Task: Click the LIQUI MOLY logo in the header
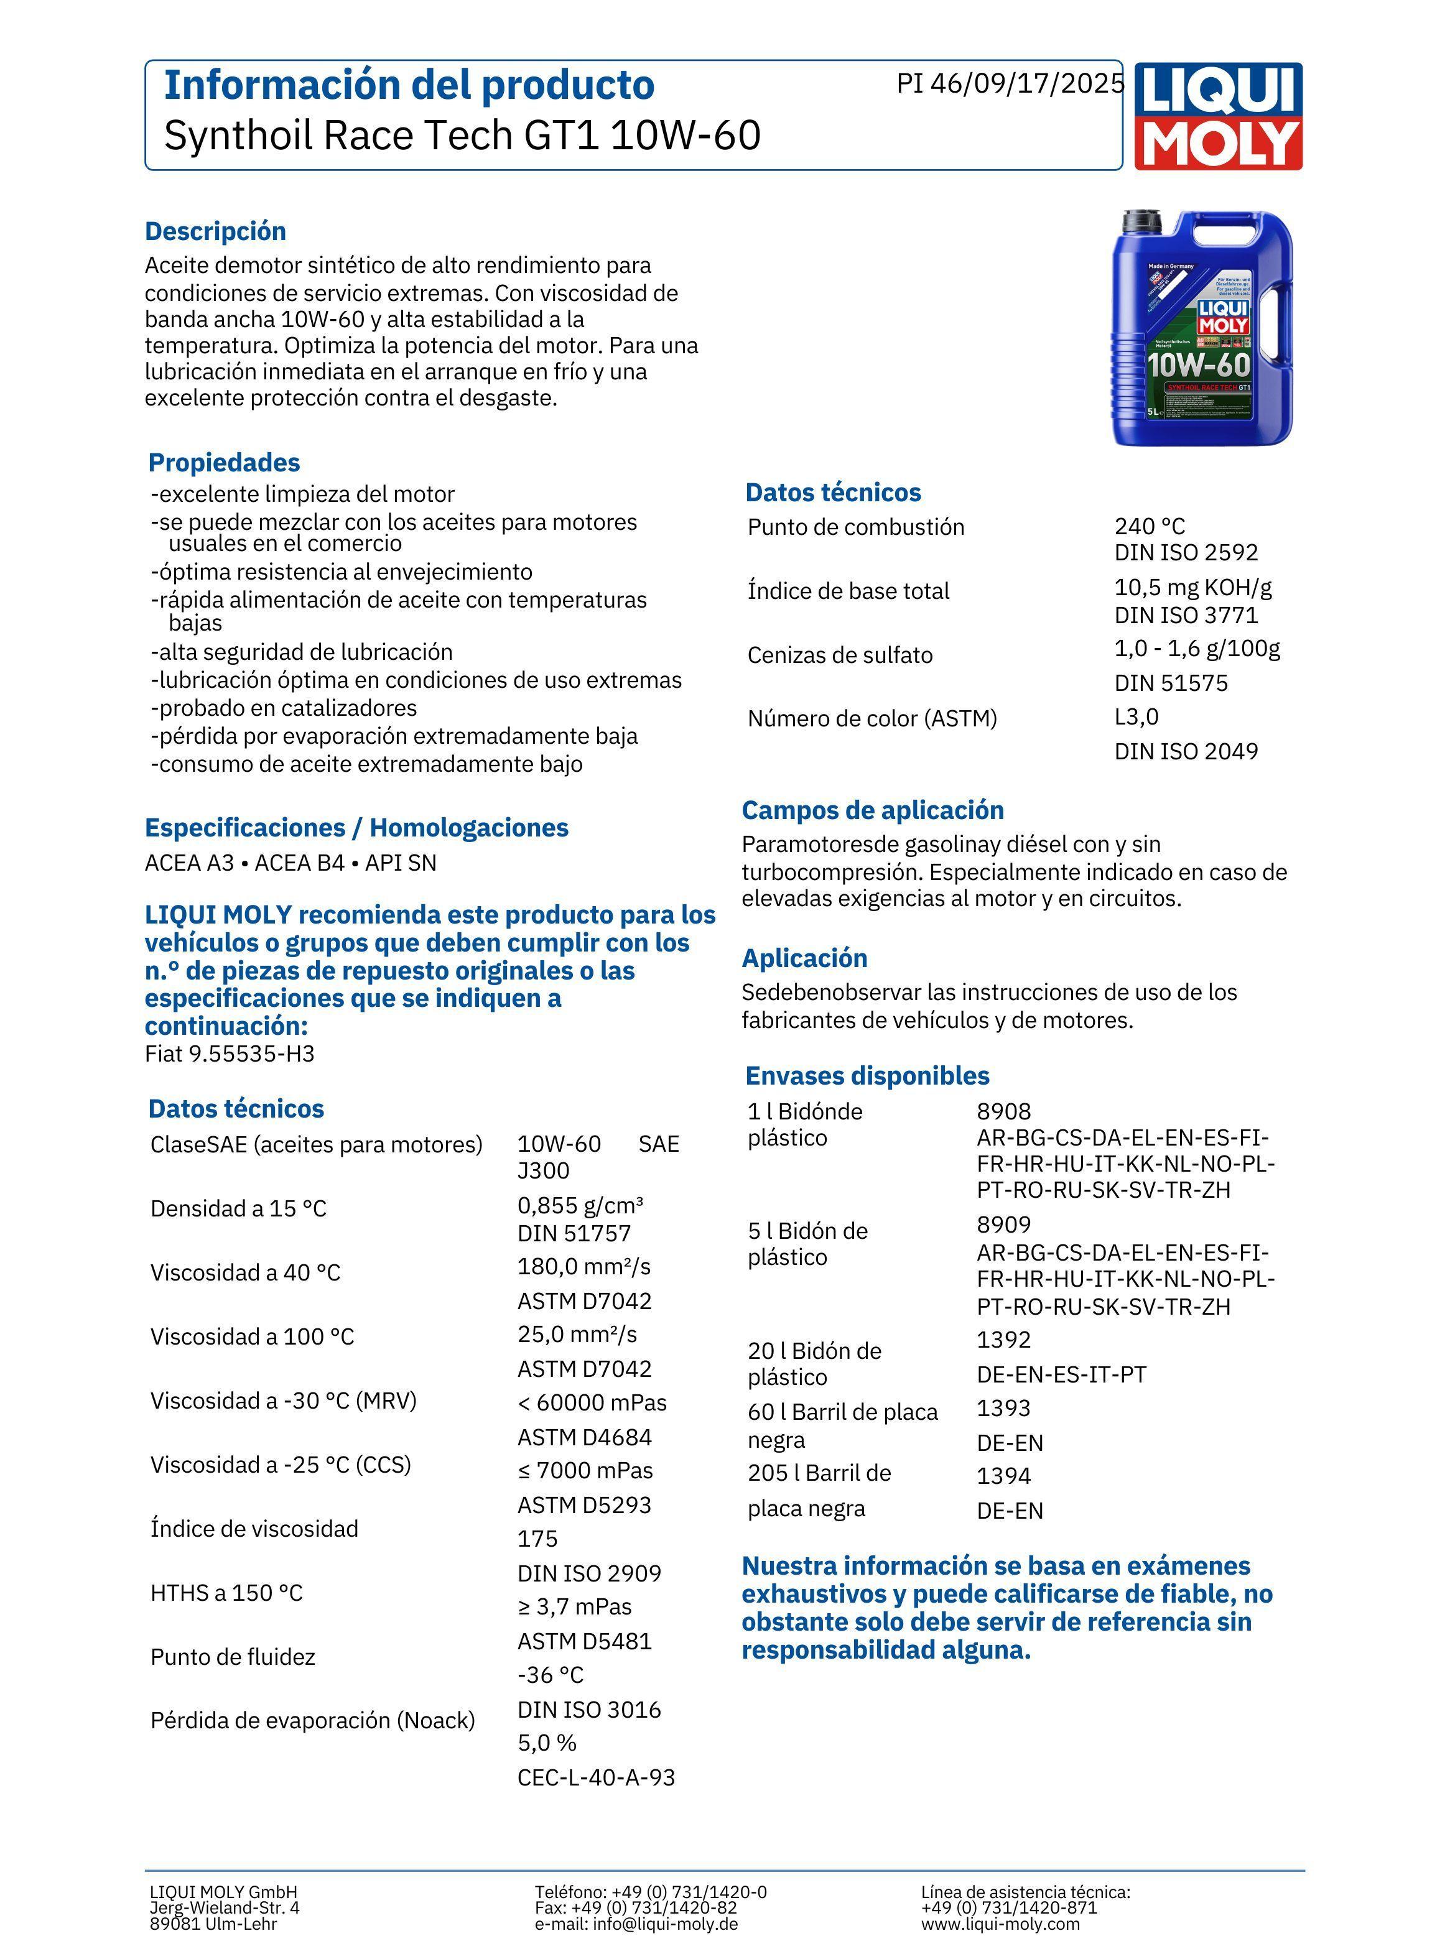click(1217, 116)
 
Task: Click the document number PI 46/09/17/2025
click(1010, 83)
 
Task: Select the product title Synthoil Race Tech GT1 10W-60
click(462, 135)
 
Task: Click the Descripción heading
click(215, 231)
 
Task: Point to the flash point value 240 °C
click(1149, 526)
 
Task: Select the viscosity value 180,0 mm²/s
click(583, 1267)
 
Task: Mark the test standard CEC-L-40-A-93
click(596, 1777)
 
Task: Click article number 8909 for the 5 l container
click(1003, 1225)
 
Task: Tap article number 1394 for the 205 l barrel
click(1003, 1476)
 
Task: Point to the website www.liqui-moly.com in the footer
click(1000, 1924)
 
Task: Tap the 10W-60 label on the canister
click(1199, 364)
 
